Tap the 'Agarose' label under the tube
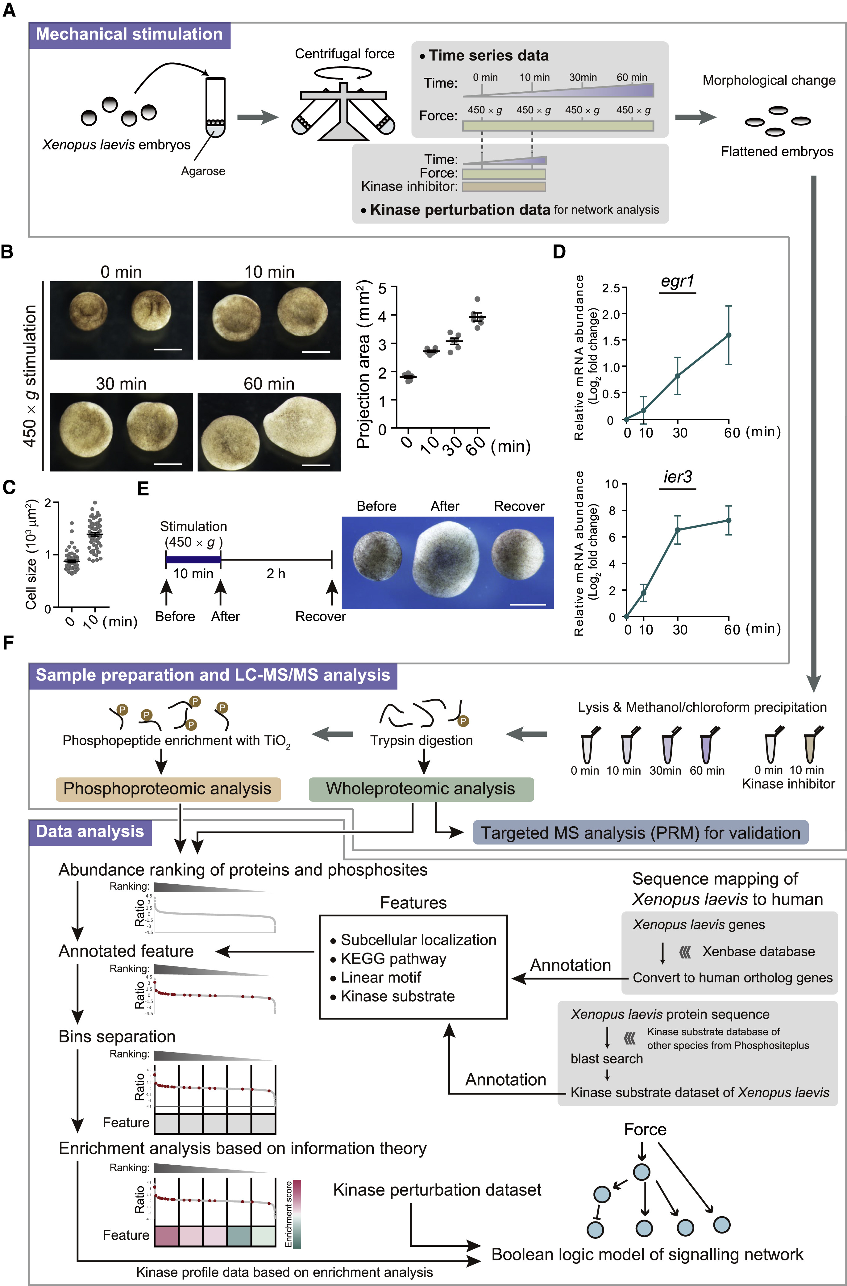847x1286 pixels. click(x=203, y=171)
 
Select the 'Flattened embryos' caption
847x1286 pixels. click(x=777, y=152)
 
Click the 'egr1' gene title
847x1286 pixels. click(x=677, y=282)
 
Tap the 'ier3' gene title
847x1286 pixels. click(x=677, y=477)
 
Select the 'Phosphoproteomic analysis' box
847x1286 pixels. click(x=168, y=789)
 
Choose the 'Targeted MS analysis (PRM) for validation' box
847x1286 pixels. click(x=640, y=832)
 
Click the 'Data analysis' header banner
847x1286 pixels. click(x=90, y=832)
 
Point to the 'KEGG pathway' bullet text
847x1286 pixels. click(x=393, y=959)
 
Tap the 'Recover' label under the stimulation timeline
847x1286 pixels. click(x=320, y=617)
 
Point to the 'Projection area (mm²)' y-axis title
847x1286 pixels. click(x=363, y=365)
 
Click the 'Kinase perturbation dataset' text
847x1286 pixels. click(x=437, y=1190)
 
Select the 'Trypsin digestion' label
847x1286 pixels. click(x=421, y=741)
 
